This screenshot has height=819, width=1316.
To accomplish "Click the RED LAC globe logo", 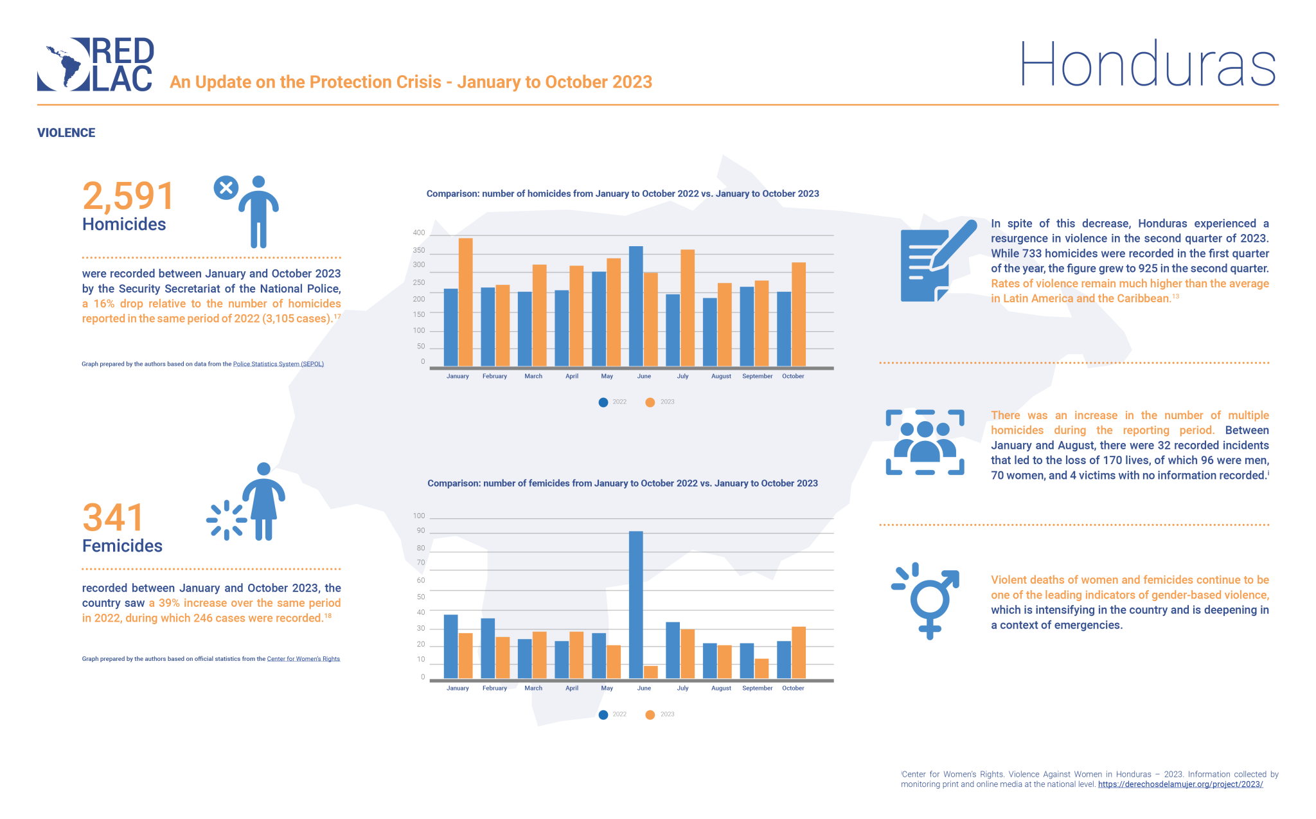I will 64,64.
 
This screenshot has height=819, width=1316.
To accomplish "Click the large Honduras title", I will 1147,64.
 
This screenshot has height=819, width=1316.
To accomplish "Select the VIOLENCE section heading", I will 66,133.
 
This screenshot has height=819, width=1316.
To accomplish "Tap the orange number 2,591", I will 128,196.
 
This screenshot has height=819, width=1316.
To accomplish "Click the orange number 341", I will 113,517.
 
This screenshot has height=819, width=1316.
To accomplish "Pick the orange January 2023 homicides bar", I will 465,302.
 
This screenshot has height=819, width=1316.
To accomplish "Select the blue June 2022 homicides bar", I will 636,306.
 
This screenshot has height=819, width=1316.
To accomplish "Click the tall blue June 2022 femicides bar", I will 636,604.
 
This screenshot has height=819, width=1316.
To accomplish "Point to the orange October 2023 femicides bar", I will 798,652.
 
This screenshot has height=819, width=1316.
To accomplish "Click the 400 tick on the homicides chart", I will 419,233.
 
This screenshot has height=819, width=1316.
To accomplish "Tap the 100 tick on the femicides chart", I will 419,516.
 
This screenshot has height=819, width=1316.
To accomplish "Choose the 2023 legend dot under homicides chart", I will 650,402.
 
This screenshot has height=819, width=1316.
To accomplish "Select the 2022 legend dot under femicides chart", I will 603,715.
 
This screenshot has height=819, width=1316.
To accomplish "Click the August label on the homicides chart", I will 721,377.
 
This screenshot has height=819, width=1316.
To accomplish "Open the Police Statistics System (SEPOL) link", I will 278,364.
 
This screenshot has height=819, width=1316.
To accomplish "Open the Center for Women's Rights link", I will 303,659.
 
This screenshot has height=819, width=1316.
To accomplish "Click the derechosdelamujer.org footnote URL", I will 1180,784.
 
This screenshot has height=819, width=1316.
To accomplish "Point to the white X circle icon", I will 226,188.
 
